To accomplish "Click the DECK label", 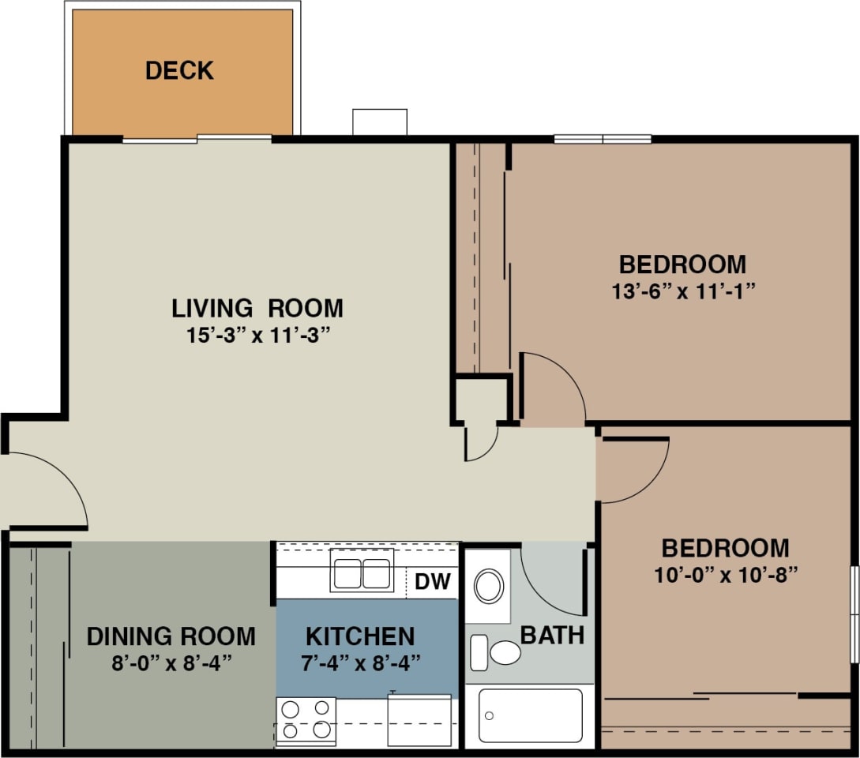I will point(179,70).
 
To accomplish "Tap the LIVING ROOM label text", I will point(257,307).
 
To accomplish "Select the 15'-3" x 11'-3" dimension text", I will point(257,334).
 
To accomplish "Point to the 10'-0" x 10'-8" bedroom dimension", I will point(725,574).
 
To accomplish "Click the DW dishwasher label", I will point(433,583).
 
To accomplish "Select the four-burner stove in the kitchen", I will point(306,719).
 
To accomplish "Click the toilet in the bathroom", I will point(498,653).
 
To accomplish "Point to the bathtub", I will point(530,715).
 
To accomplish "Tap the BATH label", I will point(552,635).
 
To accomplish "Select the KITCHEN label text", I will point(360,636).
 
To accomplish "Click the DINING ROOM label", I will point(171,636).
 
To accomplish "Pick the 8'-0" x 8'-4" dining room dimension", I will point(171,662).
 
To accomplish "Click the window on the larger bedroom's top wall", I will point(603,140).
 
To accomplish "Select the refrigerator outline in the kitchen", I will point(419,719).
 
